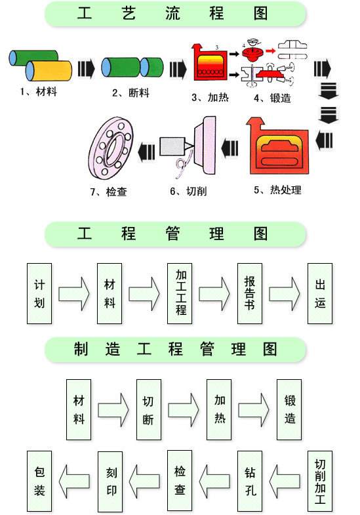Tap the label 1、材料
pos(37,92)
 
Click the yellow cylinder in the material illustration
pos(49,70)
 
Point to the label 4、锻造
pos(271,98)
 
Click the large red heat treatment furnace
pos(278,150)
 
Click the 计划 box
pos(40,293)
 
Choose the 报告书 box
pos(250,293)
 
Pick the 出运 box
pos(320,293)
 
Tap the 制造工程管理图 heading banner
pos(176,349)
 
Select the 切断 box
pos(149,410)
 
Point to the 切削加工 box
pos(320,480)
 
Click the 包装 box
pos(40,480)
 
